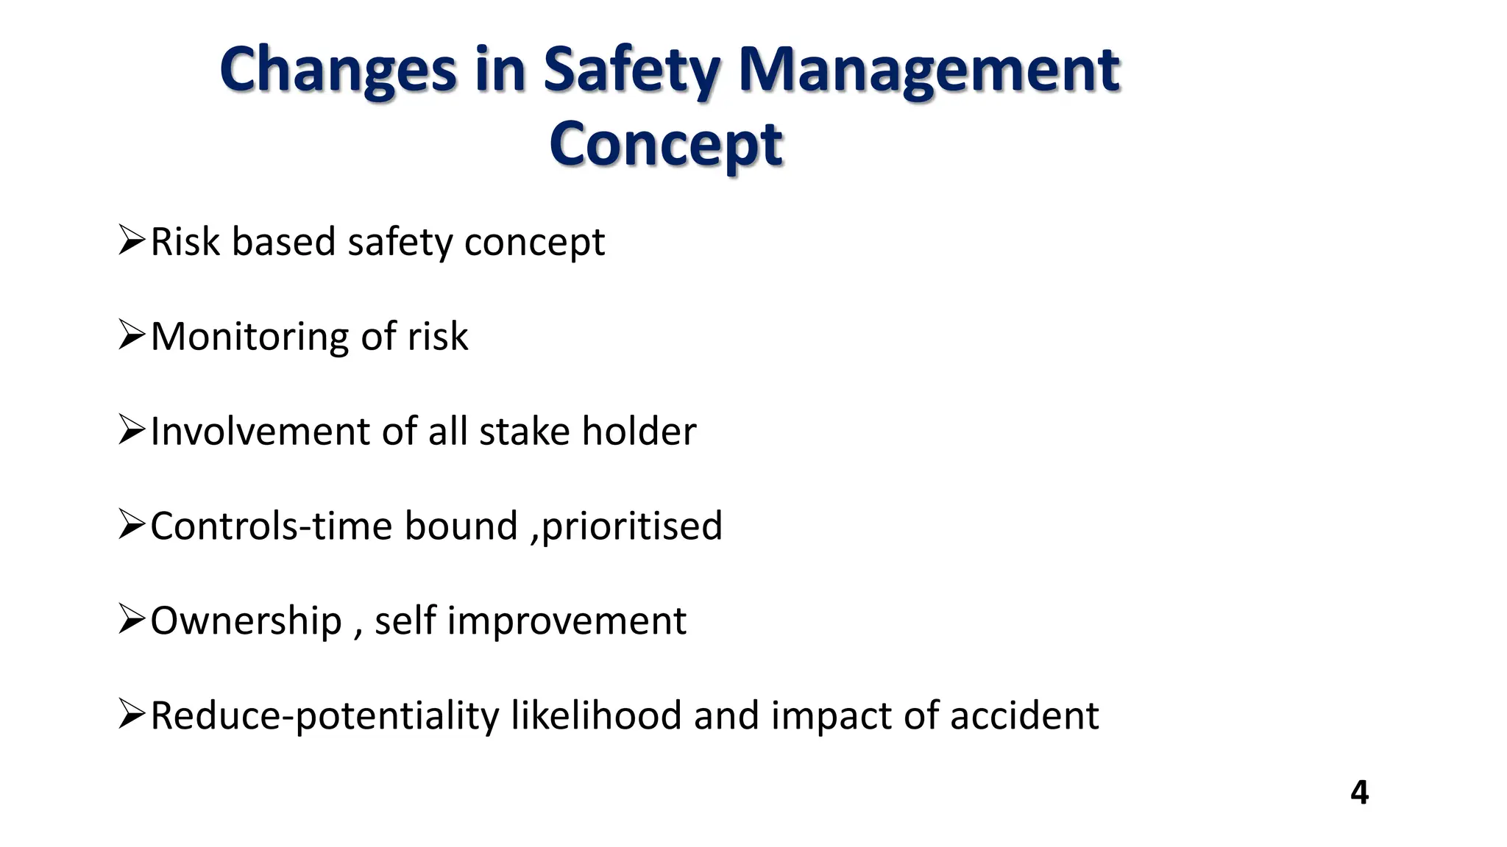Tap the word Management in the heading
click(929, 71)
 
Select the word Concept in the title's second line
click(666, 145)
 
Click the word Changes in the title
click(338, 71)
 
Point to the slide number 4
click(1359, 793)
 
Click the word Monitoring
click(249, 337)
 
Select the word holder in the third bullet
click(639, 432)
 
